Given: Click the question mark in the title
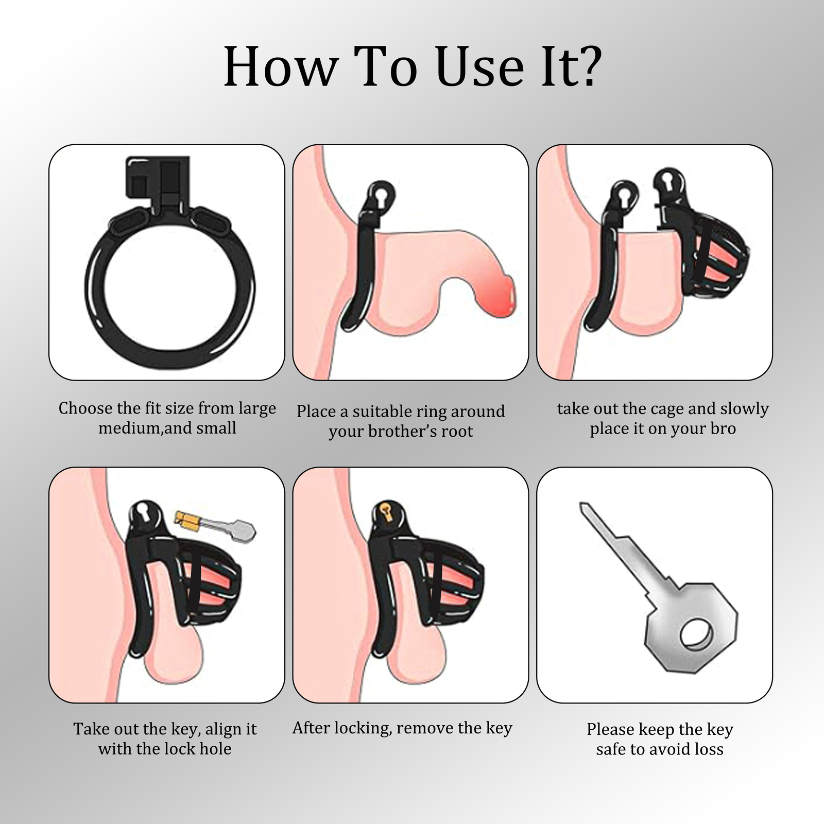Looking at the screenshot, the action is (x=586, y=65).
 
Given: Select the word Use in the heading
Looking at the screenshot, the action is (x=479, y=66).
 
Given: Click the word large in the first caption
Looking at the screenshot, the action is (x=257, y=409).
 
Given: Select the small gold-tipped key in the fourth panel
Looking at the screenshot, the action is (x=215, y=526).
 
